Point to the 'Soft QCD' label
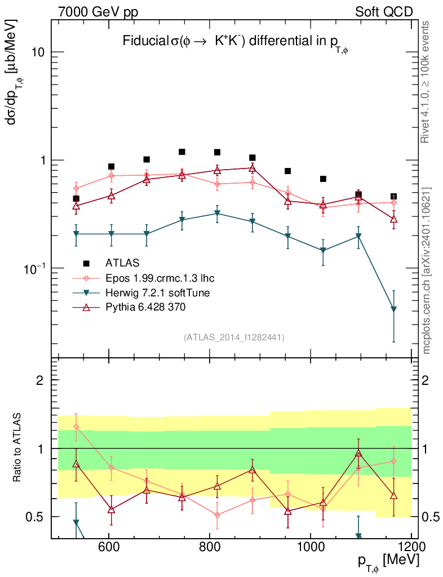point(384,11)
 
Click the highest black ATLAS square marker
point(182,152)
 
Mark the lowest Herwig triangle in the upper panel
point(393,309)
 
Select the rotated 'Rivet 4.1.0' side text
point(426,82)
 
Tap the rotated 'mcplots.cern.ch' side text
point(426,270)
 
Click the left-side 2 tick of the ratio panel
point(40,380)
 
